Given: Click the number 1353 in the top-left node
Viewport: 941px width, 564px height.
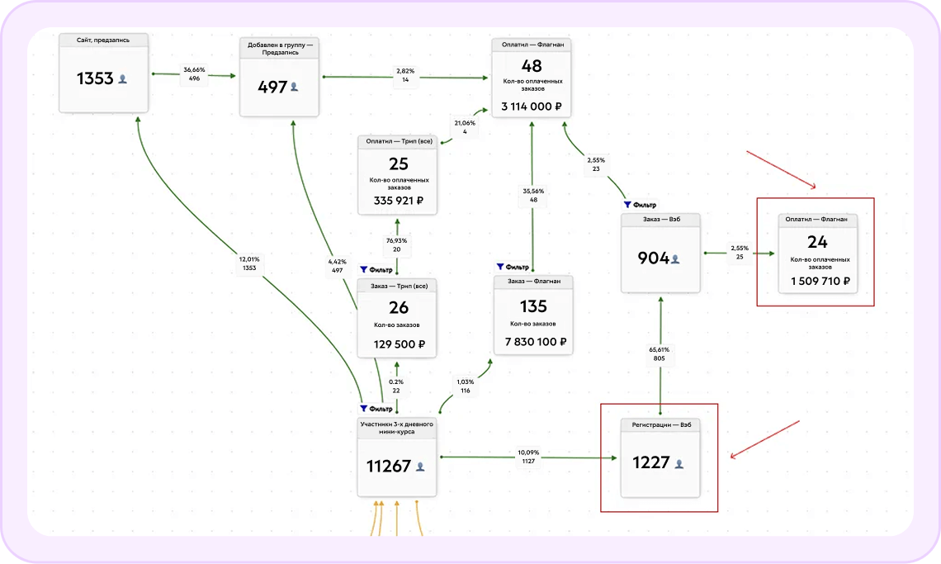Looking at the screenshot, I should click(96, 78).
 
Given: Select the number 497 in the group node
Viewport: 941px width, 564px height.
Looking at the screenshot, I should click(272, 87).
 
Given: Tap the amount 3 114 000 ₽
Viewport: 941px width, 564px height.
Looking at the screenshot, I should click(532, 107).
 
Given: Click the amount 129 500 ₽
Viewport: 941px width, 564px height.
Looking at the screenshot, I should click(398, 344).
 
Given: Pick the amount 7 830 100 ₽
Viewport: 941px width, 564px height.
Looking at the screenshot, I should click(533, 342).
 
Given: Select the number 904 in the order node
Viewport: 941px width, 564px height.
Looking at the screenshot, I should click(653, 258).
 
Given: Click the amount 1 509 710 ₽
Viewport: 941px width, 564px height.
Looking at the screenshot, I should click(820, 282).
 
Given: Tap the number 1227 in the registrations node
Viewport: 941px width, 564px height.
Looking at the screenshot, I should click(650, 463).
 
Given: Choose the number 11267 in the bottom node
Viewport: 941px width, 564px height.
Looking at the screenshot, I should click(389, 466).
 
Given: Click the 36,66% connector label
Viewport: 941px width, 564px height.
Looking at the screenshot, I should click(195, 74).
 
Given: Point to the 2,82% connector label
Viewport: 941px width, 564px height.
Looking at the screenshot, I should click(405, 75).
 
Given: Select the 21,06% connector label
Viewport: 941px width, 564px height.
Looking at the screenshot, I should click(466, 127).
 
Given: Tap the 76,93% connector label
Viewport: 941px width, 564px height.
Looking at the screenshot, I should click(397, 244).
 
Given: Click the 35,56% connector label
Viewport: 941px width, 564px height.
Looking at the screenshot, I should click(533, 196).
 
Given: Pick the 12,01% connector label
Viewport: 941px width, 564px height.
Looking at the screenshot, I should click(249, 263).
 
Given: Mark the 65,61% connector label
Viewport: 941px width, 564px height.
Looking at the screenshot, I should click(660, 353).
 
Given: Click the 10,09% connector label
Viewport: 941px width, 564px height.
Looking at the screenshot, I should click(528, 457).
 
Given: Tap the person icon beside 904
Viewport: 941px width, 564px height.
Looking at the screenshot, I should click(675, 258).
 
